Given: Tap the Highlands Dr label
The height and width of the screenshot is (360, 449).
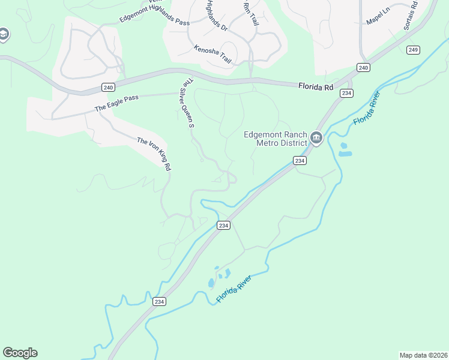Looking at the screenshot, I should pyautogui.click(x=216, y=16).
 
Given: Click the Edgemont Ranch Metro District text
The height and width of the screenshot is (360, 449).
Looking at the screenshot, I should pyautogui.click(x=276, y=139).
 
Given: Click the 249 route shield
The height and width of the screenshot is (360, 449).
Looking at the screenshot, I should pyautogui.click(x=412, y=50).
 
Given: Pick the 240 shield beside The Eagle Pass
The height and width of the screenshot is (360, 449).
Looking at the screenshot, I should pyautogui.click(x=108, y=88).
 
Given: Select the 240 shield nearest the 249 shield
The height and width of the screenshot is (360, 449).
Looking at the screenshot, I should pyautogui.click(x=363, y=68).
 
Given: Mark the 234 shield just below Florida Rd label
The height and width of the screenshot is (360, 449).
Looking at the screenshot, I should pyautogui.click(x=346, y=93).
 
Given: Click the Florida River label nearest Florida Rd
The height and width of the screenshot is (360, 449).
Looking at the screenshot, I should pyautogui.click(x=367, y=109).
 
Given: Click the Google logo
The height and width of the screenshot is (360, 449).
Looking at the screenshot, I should pyautogui.click(x=20, y=353).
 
